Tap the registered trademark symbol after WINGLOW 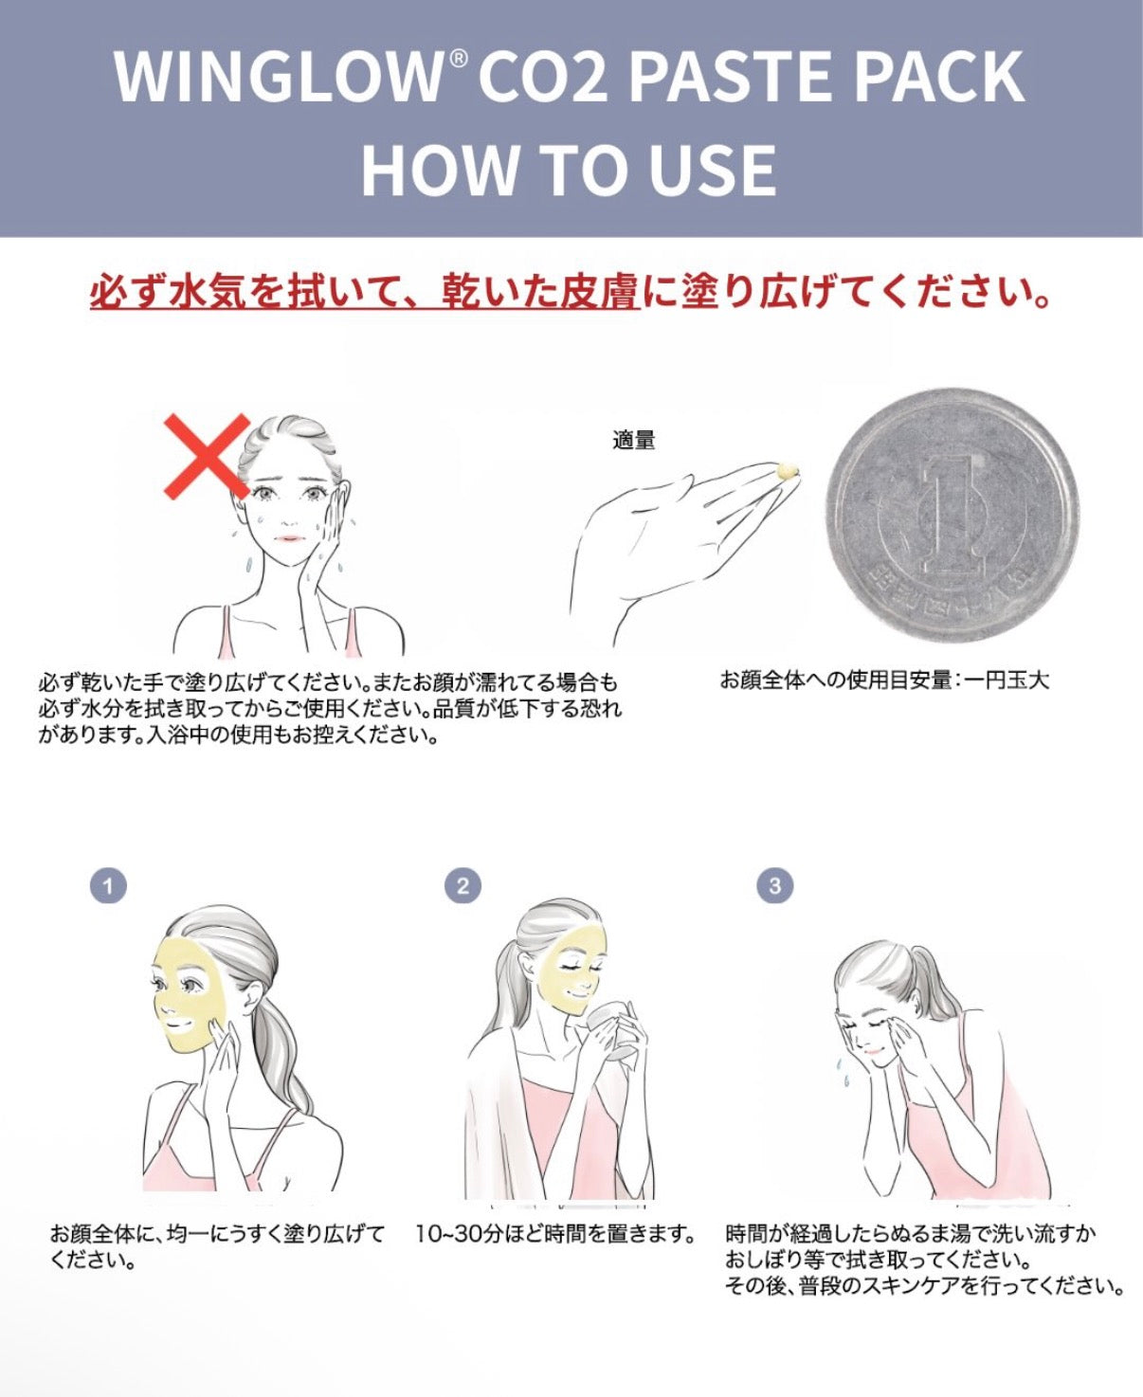tap(458, 59)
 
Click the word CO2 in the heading tap(542, 77)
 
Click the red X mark tap(207, 457)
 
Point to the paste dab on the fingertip tap(788, 470)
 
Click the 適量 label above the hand tap(634, 440)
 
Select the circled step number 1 tap(108, 886)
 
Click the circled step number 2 tap(463, 886)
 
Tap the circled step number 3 tap(774, 886)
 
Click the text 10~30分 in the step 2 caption tap(459, 1234)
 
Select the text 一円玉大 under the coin tap(1007, 680)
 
